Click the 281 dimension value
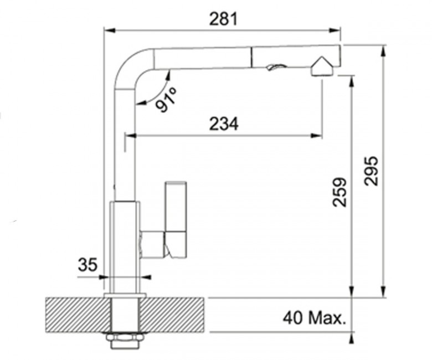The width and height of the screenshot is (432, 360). pyautogui.click(x=223, y=19)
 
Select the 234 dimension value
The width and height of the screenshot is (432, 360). pyautogui.click(x=224, y=124)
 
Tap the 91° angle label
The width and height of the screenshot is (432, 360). pyautogui.click(x=166, y=99)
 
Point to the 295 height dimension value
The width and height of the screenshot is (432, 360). pyautogui.click(x=371, y=171)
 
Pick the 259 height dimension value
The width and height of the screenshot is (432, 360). pyautogui.click(x=340, y=192)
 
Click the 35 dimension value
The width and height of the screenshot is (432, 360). pyautogui.click(x=88, y=264)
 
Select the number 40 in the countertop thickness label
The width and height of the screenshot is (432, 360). pyautogui.click(x=293, y=318)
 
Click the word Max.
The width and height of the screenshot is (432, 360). pyautogui.click(x=327, y=318)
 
